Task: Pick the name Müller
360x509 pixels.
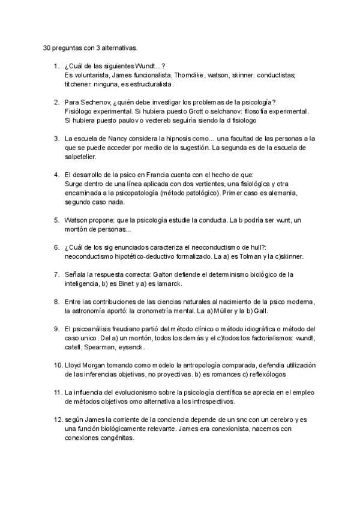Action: (223, 311)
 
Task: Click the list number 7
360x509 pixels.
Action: (55, 274)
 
